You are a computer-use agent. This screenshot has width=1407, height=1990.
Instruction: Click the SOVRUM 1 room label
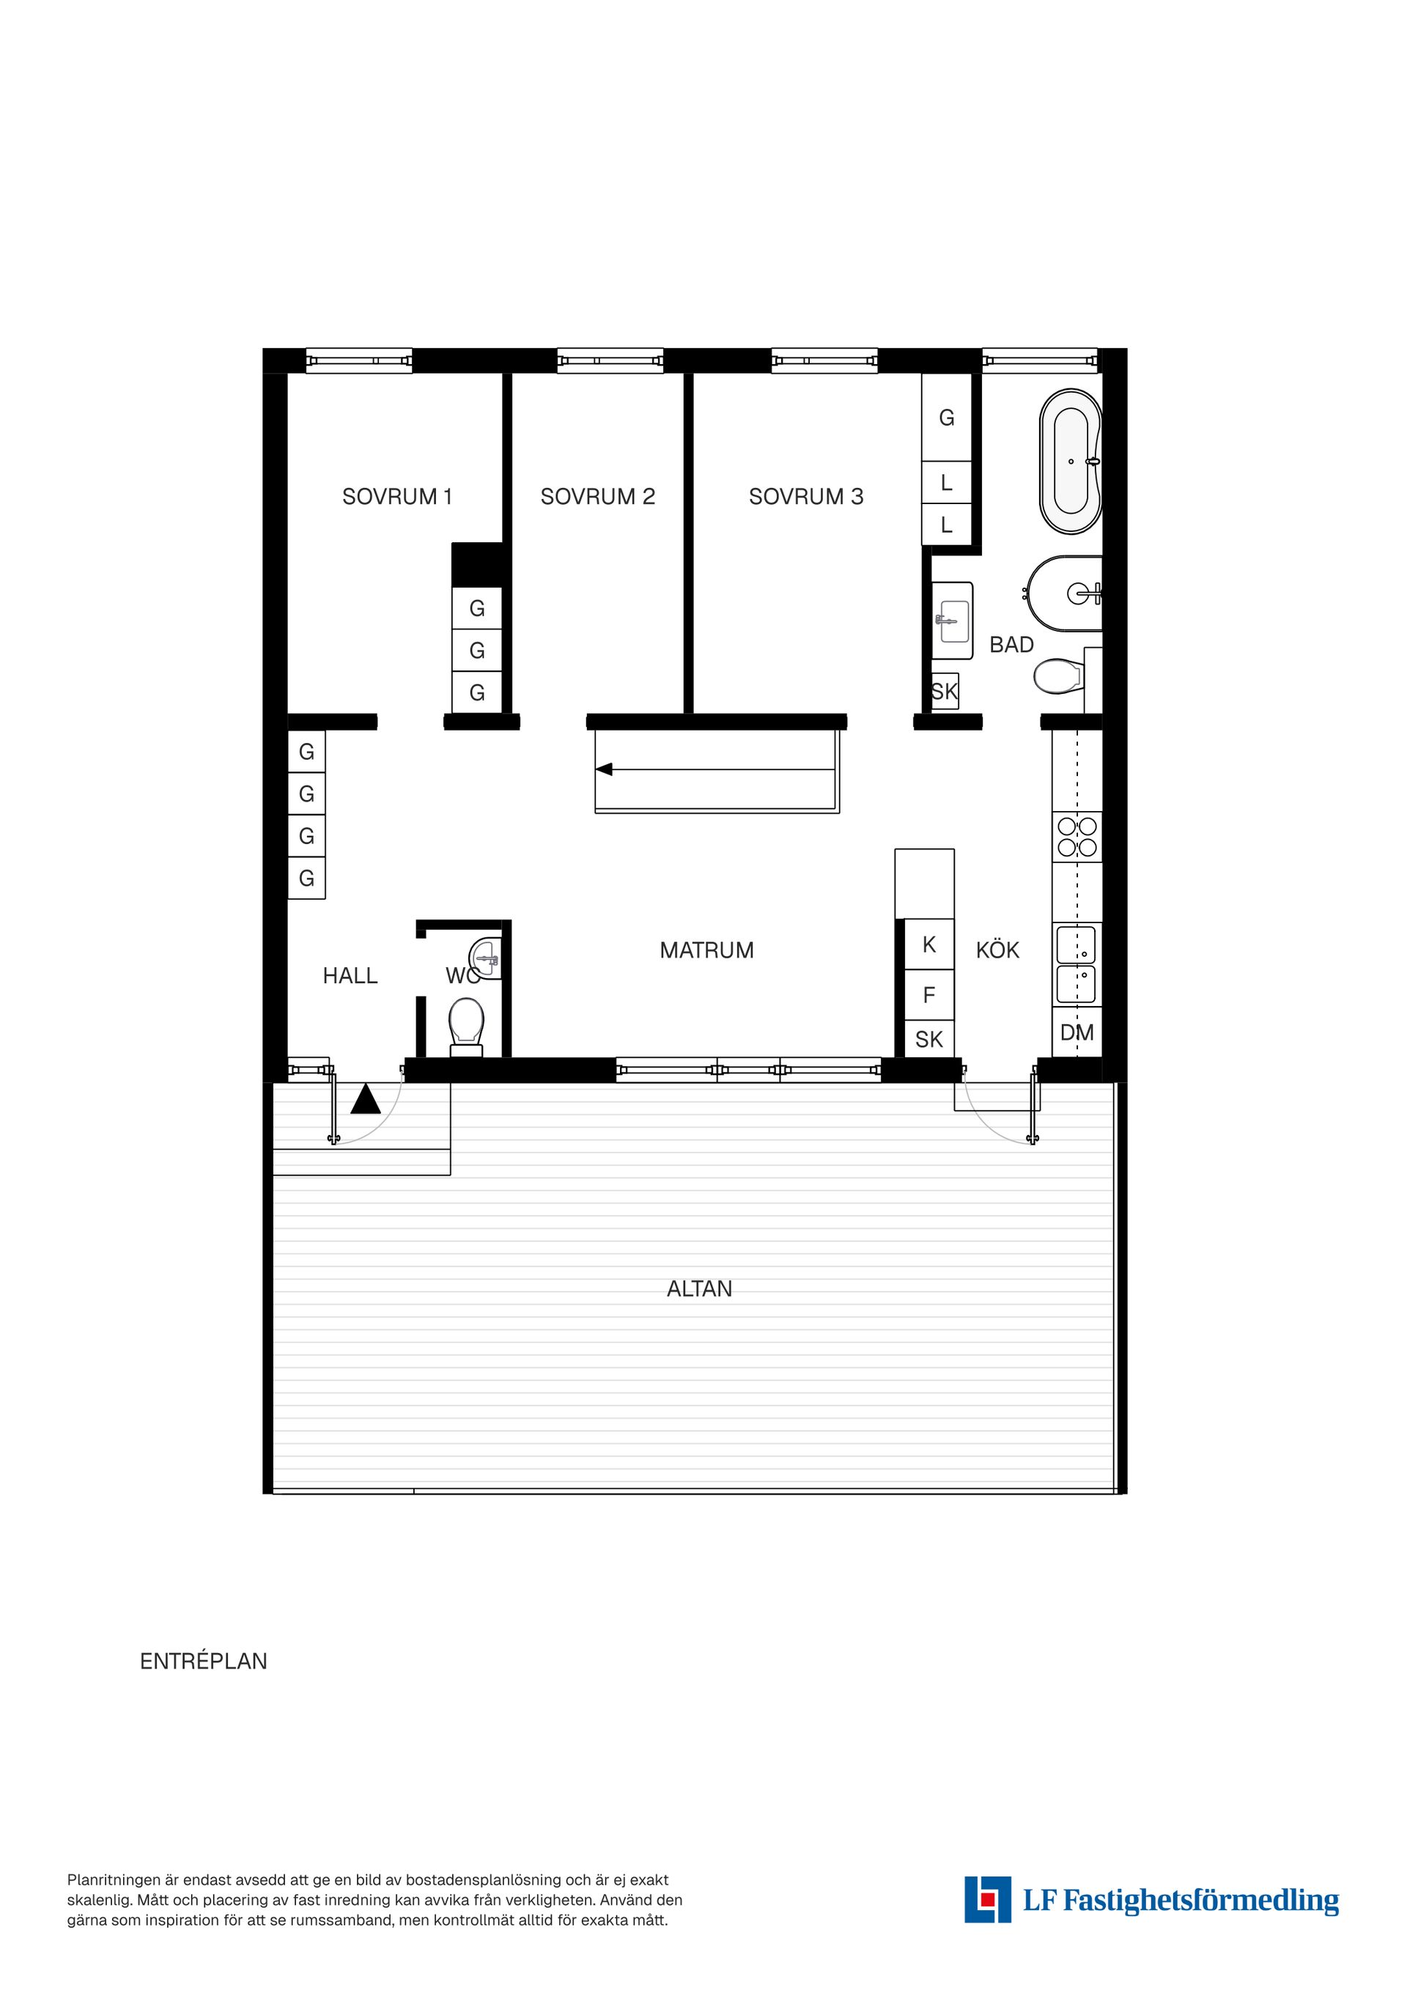point(397,497)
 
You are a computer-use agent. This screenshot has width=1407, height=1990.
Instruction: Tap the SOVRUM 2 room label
point(597,497)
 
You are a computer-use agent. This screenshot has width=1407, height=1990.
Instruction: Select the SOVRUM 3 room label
point(806,497)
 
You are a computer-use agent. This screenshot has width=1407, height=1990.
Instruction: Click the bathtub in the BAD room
point(1071,462)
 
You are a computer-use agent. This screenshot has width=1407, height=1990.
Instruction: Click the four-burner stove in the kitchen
point(1077,837)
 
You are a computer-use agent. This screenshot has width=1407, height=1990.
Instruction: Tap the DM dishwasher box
point(1077,1032)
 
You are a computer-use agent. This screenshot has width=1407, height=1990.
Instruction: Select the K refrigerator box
point(929,944)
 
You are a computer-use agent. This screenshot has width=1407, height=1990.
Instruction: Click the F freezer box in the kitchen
point(929,995)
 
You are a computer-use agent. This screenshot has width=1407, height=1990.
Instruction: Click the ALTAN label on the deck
point(700,1289)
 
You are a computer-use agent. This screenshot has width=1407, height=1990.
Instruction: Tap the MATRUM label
point(706,950)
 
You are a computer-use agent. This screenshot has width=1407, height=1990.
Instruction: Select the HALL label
point(350,976)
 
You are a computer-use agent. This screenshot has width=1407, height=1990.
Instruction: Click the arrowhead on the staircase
point(603,769)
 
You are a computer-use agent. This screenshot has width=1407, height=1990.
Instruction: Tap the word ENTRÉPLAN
point(204,1662)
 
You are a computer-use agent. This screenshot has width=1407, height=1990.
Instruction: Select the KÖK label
point(998,950)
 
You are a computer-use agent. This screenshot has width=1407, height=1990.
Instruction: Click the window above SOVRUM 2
point(610,360)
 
